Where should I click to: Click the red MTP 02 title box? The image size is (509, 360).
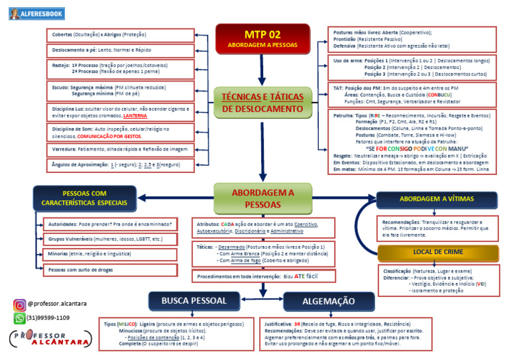[x=262, y=39]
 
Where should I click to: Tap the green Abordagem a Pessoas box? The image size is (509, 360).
[x=262, y=198]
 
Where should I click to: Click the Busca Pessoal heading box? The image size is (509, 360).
[x=194, y=301]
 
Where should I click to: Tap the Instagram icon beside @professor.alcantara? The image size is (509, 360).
[x=19, y=305]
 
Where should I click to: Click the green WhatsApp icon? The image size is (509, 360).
[x=19, y=318]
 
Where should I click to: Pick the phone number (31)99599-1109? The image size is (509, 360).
[x=48, y=318]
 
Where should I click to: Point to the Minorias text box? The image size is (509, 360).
[x=109, y=254]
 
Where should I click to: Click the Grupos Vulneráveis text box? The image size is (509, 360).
[x=109, y=239]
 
